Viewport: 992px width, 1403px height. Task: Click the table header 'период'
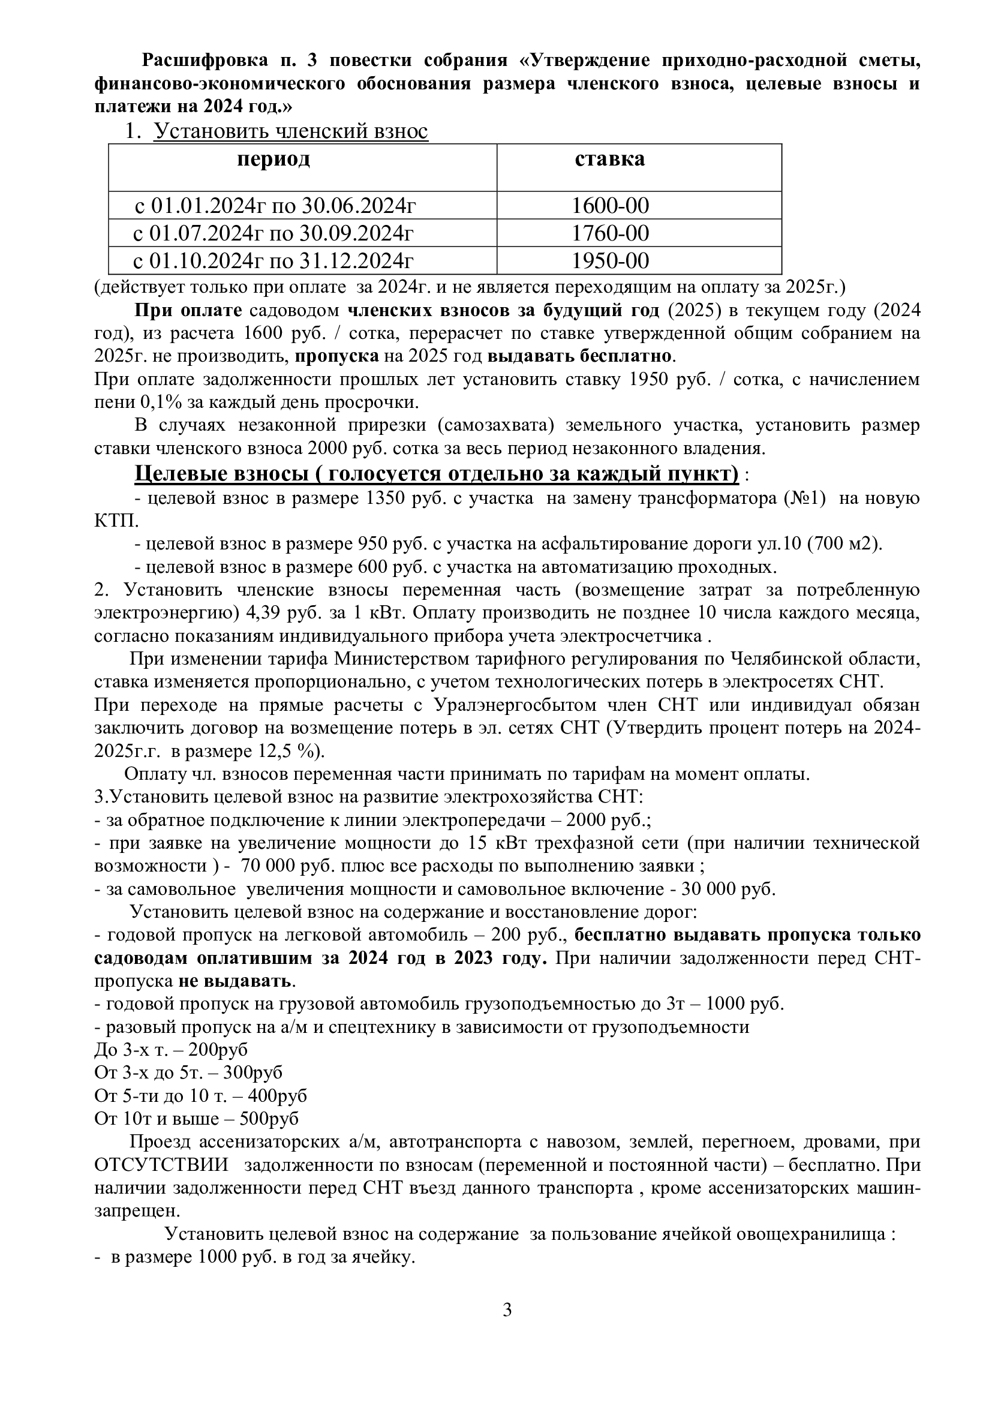pyautogui.click(x=273, y=159)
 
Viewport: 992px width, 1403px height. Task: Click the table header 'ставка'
pyautogui.click(x=609, y=159)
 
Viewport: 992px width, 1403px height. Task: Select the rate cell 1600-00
pyautogui.click(x=609, y=205)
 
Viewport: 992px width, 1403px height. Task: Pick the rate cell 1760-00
pyautogui.click(x=609, y=233)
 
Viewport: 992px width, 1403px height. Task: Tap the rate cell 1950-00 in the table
pyautogui.click(x=609, y=261)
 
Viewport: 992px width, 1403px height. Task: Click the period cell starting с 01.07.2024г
pyautogui.click(x=273, y=233)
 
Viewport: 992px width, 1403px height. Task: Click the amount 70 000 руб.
pyautogui.click(x=279, y=866)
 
